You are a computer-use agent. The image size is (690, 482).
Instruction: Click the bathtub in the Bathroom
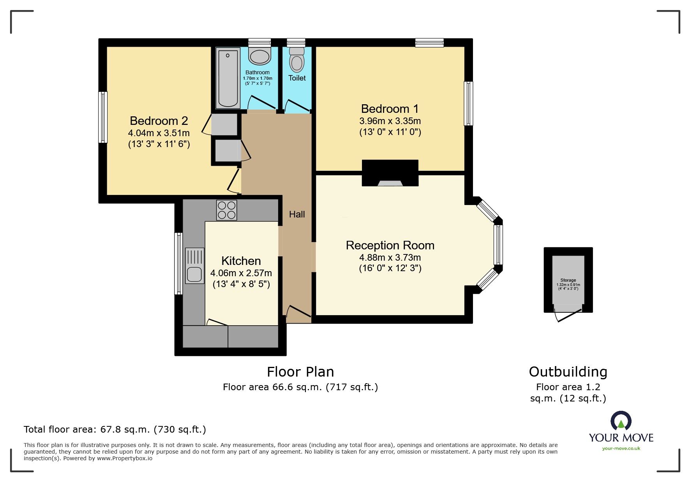point(228,78)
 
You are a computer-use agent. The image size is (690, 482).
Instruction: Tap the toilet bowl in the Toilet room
point(297,62)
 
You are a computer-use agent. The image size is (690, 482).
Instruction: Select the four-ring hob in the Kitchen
point(226,210)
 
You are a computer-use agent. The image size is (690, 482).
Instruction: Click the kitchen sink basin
point(194,274)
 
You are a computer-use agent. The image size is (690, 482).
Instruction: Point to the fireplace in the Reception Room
point(390,174)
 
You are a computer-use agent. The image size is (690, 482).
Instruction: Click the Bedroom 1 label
point(390,109)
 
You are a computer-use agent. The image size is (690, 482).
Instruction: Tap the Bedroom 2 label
point(159,121)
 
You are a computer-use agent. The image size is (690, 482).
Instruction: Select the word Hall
point(297,214)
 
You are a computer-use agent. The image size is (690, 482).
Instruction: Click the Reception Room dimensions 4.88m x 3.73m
point(390,258)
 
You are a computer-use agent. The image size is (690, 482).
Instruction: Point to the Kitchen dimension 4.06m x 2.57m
point(241,273)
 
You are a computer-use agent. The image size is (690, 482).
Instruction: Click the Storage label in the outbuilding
point(568,280)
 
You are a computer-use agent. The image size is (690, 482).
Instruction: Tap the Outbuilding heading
point(568,372)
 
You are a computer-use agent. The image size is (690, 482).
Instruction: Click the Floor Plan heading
point(300,372)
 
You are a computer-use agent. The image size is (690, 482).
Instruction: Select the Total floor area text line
point(115,429)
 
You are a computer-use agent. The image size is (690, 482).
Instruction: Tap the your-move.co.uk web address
point(621,449)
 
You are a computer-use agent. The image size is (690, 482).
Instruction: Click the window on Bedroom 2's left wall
point(103,117)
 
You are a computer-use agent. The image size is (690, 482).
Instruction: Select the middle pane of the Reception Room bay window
point(498,245)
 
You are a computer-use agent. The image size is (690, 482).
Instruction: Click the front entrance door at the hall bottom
point(298,311)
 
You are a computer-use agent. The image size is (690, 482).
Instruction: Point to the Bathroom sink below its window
point(259,56)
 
